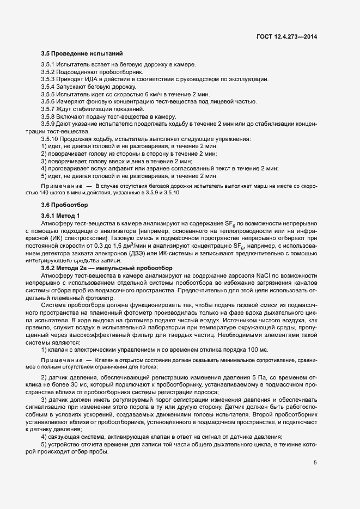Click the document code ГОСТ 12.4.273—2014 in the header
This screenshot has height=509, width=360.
[287, 37]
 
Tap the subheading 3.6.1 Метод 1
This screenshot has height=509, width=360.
[60, 216]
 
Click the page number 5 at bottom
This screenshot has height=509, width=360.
[315, 463]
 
